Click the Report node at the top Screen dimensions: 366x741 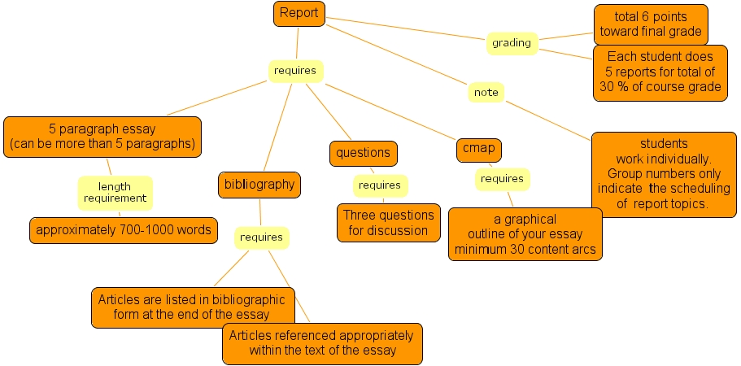click(299, 13)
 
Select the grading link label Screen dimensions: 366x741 click(512, 43)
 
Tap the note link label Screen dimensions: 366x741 click(486, 93)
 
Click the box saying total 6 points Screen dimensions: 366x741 click(650, 24)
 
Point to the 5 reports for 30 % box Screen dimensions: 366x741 click(660, 72)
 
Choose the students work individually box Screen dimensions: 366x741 click(664, 174)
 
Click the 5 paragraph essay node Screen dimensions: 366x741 click(102, 137)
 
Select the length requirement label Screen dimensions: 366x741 click(115, 193)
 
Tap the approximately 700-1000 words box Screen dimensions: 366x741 click(124, 230)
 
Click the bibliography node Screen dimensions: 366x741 click(259, 185)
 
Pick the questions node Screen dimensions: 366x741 click(363, 152)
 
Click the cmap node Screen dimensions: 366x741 click(479, 150)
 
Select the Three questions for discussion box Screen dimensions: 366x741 click(388, 223)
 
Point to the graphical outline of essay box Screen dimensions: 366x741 click(525, 234)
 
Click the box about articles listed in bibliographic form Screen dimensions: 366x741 click(192, 307)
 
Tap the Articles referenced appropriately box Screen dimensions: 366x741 click(322, 343)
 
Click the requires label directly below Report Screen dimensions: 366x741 click(294, 71)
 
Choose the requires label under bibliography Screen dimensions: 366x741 click(262, 237)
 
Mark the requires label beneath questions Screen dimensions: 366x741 click(380, 185)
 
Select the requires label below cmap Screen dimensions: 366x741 click(502, 179)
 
